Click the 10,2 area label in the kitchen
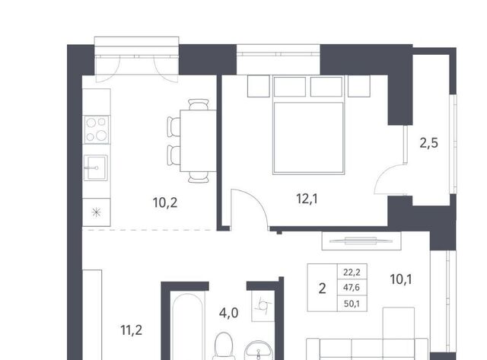tap(165, 202)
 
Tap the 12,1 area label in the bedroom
tap(307, 199)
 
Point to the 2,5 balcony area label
tap(429, 143)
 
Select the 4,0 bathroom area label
tap(228, 313)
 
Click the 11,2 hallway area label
tap(132, 330)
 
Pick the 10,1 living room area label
tap(401, 279)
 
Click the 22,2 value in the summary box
tap(352, 272)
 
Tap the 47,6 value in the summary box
tap(352, 288)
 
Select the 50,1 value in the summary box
tap(352, 304)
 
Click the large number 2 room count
tap(323, 288)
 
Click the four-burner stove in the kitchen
tap(97, 129)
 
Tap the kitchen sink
tap(96, 167)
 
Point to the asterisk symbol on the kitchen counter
tap(97, 212)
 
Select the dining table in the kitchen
tap(198, 141)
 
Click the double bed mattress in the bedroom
tap(308, 138)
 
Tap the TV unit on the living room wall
tap(361, 241)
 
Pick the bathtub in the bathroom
tap(188, 327)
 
